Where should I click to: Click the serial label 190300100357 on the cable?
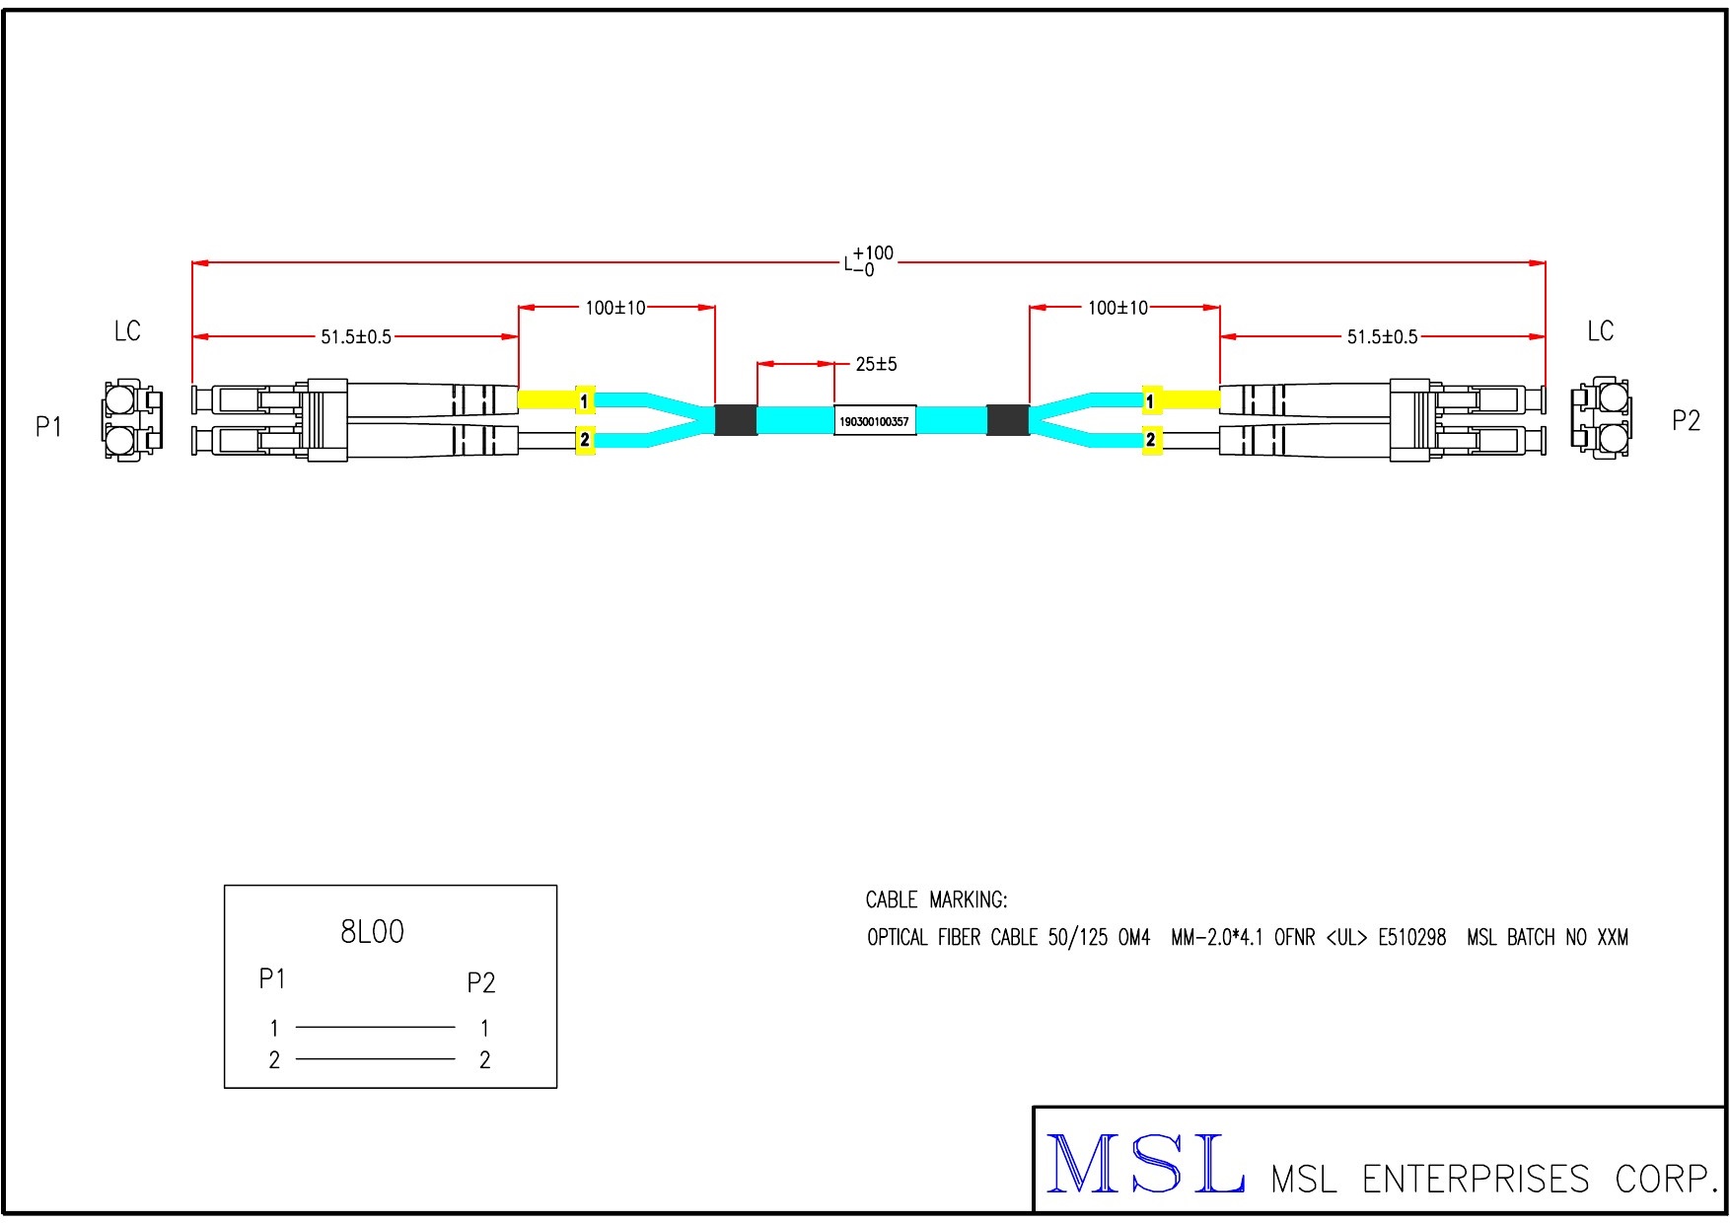pos(874,421)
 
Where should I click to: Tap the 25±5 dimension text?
pos(876,365)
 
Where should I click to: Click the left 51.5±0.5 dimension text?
pos(355,337)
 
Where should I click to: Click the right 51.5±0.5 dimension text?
pos(1382,337)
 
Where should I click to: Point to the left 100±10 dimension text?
pos(614,308)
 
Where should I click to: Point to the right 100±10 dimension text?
pos(1117,308)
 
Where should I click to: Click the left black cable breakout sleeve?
pos(735,420)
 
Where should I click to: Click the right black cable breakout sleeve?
pos(1007,420)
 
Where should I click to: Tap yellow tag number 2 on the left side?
pos(585,440)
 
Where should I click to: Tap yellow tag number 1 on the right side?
pos(1150,401)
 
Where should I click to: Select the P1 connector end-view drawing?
pos(130,420)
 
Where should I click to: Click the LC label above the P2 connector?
pos(1600,331)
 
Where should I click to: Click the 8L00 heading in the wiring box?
pos(372,932)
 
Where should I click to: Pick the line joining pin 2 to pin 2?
pos(375,1059)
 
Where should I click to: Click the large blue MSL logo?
pos(1144,1165)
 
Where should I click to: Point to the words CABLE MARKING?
pos(936,899)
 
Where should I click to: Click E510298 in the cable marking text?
pos(1411,937)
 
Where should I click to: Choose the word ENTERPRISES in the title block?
pos(1475,1179)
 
